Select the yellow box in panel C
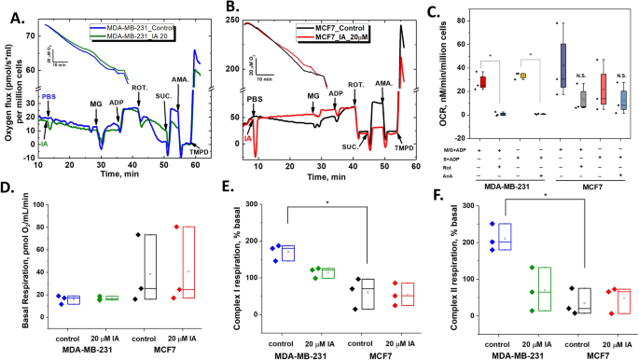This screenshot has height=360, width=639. (x=524, y=76)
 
